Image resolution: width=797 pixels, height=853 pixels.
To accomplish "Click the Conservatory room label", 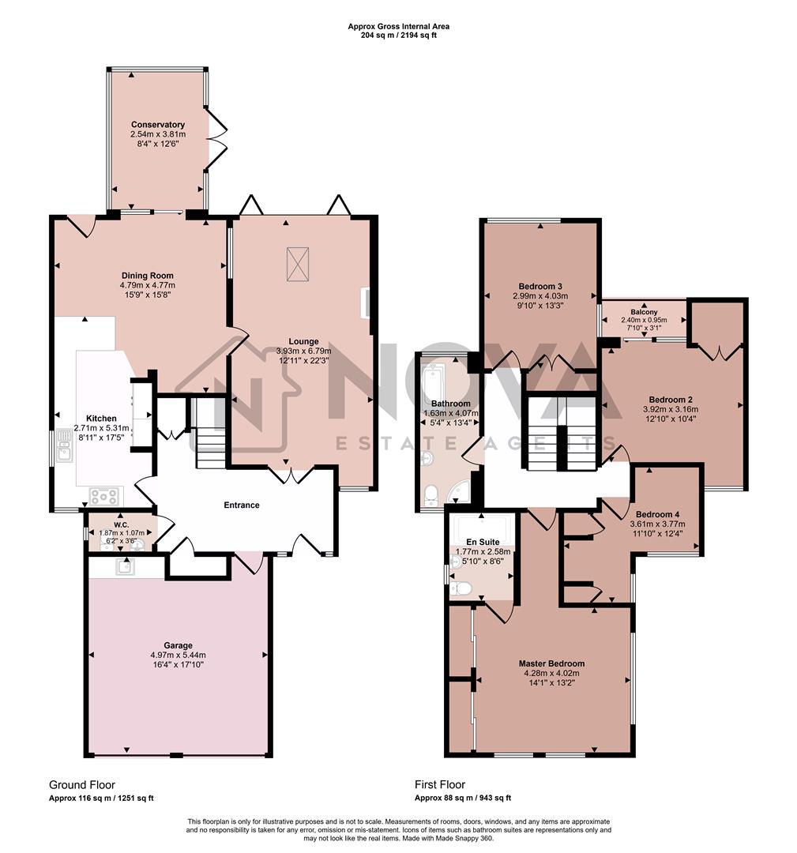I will coord(158,125).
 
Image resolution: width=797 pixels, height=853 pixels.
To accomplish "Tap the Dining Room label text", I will coord(147,276).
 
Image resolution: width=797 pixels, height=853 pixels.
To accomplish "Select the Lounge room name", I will coord(303,341).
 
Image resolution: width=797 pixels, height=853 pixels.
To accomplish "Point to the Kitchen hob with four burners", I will coord(105,497).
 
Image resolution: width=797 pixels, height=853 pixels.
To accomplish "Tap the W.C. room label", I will coord(121,524).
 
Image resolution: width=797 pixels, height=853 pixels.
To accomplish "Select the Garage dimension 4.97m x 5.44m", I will coord(178,655).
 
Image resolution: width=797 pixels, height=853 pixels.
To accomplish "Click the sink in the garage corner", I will coord(125,566).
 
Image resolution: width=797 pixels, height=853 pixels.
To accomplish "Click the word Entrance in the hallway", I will coord(242,505).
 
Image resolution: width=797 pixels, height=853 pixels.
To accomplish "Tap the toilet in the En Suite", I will coord(460,588).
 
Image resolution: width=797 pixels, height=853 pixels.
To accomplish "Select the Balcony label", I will coord(644,311).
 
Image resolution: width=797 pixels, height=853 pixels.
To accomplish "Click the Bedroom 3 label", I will coord(540,286).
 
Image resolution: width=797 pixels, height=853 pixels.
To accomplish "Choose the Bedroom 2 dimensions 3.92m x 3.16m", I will coord(671,409).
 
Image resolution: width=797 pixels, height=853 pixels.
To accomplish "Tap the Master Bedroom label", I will coord(551,663).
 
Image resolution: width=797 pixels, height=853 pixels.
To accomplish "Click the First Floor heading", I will coord(440,784).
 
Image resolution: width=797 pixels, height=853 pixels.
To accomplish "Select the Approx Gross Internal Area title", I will coord(398,26).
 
